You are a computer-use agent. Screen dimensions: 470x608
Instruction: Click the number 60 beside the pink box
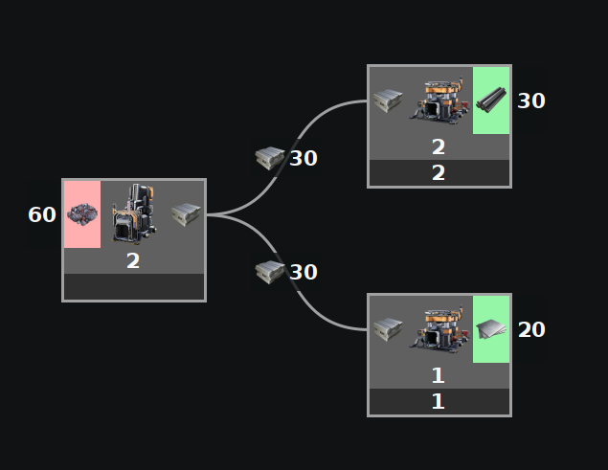pos(42,214)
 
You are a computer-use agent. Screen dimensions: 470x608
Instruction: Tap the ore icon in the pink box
pos(82,214)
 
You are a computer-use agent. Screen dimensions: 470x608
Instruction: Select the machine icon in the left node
pos(134,213)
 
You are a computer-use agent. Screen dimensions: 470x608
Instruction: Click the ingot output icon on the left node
pos(186,214)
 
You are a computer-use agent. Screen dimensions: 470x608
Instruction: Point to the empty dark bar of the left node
pos(134,287)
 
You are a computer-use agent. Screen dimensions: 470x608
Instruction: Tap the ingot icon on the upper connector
pos(270,158)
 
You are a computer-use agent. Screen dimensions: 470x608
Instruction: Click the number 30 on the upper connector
pos(304,158)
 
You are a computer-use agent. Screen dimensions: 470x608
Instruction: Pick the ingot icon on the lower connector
pos(270,272)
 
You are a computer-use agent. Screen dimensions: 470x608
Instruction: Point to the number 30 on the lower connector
pos(304,272)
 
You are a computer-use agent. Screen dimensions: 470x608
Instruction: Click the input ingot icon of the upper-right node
pos(388,101)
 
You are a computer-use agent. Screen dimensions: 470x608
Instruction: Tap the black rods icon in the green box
pos(491,100)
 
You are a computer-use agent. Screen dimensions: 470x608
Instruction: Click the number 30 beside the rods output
pos(531,101)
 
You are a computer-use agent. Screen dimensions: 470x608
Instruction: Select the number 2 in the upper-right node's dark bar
pos(439,173)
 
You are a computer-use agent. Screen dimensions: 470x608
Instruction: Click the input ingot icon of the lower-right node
pos(388,329)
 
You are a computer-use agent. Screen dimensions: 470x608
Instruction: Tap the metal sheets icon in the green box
pos(491,329)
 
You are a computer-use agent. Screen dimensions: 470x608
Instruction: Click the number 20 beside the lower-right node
pos(531,329)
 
